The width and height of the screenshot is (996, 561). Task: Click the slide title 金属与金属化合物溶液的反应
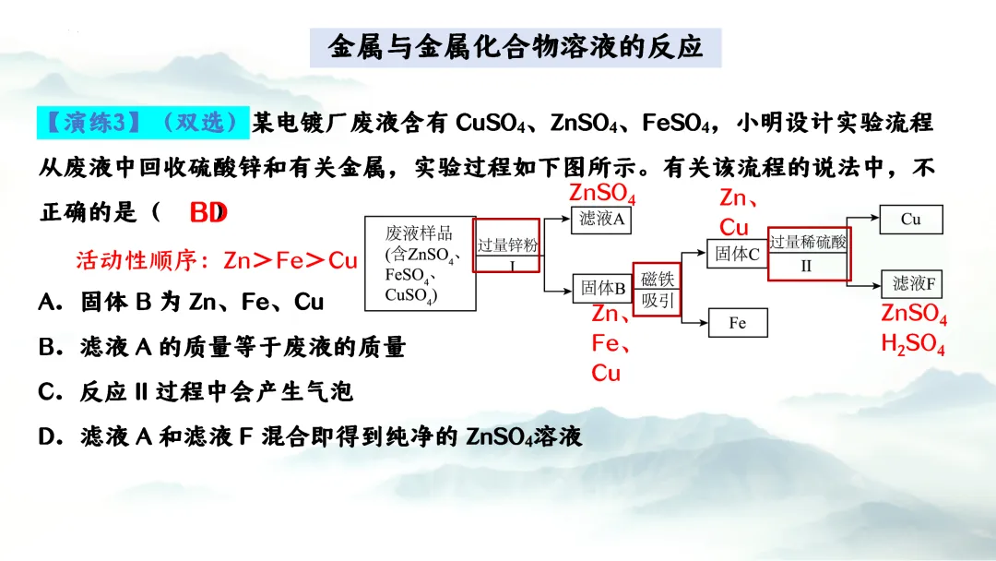pos(516,46)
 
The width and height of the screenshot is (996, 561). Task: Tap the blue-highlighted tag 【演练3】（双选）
pos(143,122)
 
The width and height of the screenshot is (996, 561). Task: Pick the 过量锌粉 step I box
pos(507,246)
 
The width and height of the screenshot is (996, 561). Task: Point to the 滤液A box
pos(602,219)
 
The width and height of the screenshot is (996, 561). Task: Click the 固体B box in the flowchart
pos(603,288)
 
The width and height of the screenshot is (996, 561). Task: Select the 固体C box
pos(738,254)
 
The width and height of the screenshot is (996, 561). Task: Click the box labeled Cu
pos(911,220)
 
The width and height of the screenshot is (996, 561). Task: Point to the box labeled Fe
pos(738,322)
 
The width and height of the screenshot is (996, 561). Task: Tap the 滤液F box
pos(913,283)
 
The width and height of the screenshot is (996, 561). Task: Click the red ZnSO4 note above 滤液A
pos(602,194)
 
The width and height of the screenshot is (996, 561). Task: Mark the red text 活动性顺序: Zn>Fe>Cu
pos(216,261)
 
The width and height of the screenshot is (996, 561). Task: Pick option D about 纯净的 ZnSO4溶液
pos(310,436)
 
